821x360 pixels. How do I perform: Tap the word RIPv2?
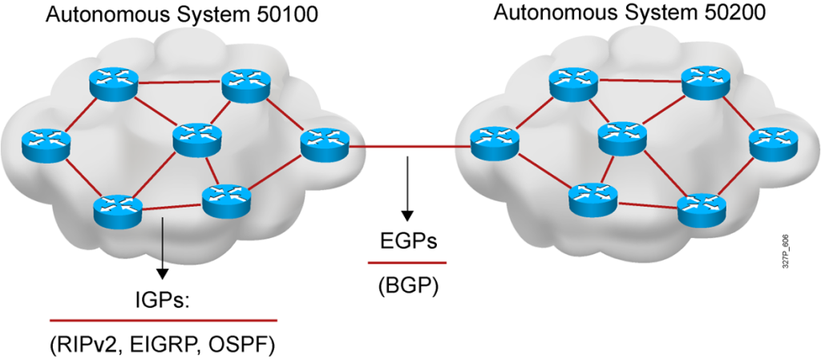(x=84, y=346)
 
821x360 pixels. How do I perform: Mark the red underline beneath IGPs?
(x=163, y=320)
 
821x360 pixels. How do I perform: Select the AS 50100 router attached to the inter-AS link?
(x=325, y=144)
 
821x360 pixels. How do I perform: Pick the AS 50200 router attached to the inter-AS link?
(x=492, y=143)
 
